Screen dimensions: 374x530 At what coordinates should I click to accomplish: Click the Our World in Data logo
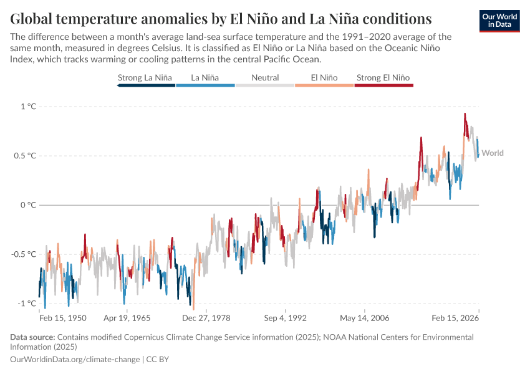(x=499, y=21)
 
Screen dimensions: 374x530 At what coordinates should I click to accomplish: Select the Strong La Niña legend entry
(x=145, y=78)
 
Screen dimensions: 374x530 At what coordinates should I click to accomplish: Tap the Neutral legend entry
(x=265, y=78)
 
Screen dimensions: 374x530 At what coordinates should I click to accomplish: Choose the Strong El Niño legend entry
(x=383, y=78)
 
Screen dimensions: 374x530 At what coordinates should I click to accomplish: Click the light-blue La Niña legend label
(x=205, y=78)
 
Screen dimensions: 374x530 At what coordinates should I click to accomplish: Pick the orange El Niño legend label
(x=324, y=78)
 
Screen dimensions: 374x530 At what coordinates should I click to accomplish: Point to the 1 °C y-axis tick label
(x=28, y=107)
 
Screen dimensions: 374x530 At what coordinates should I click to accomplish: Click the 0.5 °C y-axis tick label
(x=25, y=156)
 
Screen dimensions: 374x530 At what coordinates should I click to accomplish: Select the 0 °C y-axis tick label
(x=28, y=205)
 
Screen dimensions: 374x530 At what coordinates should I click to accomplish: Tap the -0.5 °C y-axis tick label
(x=24, y=254)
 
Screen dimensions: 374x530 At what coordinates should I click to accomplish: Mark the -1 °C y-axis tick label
(x=27, y=304)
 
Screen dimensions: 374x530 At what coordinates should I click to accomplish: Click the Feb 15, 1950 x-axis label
(x=62, y=318)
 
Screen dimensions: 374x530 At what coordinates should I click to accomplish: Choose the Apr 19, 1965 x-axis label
(x=127, y=318)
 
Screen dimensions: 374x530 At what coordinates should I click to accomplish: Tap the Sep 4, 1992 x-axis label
(x=285, y=318)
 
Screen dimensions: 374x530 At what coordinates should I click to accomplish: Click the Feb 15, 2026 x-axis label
(x=455, y=318)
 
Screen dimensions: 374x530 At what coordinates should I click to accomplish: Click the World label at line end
(x=493, y=153)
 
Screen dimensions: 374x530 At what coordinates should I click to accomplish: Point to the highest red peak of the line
(x=465, y=114)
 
